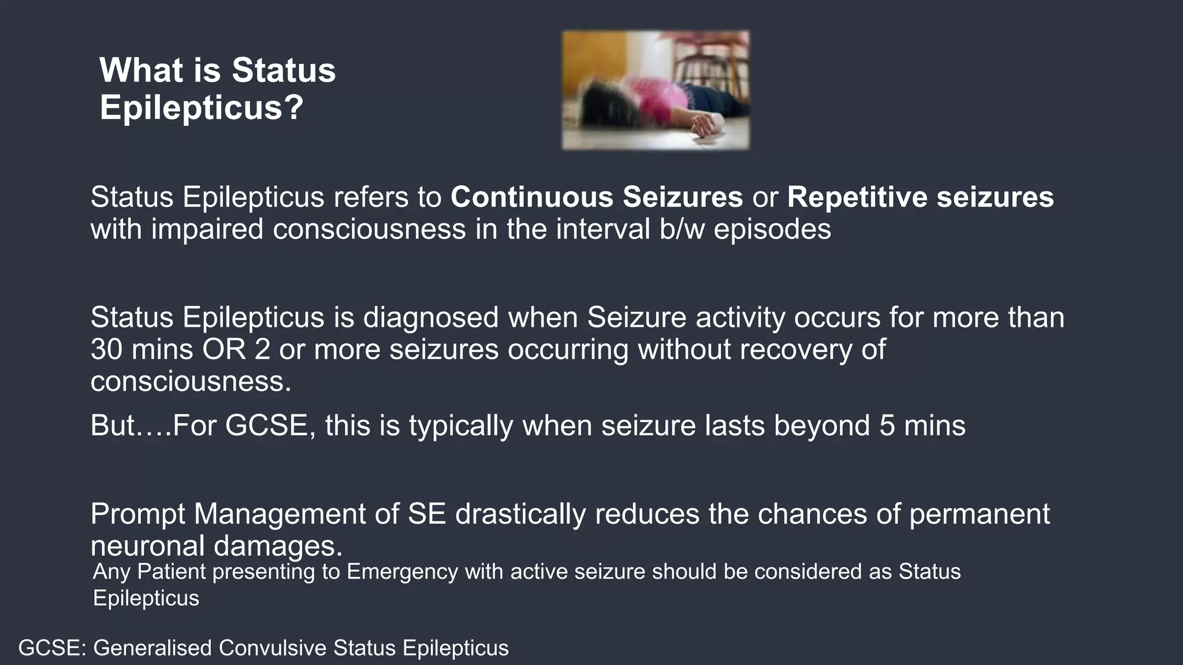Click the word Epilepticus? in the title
201,107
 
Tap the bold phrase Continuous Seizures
596,197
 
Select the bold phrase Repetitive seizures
920,197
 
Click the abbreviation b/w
681,229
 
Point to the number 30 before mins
106,349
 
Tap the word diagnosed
430,317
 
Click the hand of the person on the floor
703,125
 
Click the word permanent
979,514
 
